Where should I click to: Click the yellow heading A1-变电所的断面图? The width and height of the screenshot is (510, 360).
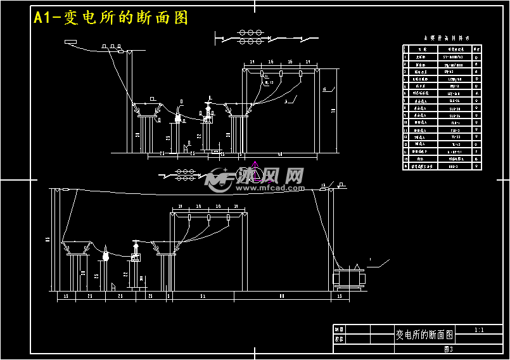[x=112, y=18]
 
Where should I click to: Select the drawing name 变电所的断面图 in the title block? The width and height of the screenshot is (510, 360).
[x=424, y=334]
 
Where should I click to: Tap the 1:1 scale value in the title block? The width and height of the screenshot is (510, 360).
[x=478, y=330]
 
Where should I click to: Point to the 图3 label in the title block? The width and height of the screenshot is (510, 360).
[x=449, y=349]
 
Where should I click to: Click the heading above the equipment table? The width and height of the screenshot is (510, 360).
[x=442, y=38]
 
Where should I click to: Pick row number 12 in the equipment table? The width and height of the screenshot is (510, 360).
[x=406, y=137]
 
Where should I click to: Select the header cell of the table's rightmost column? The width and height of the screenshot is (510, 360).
[x=476, y=49]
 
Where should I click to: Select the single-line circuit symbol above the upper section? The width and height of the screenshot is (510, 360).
[x=251, y=37]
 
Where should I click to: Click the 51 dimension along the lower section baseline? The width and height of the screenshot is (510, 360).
[x=202, y=296]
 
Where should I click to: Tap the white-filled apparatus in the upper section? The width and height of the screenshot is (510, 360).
[x=178, y=117]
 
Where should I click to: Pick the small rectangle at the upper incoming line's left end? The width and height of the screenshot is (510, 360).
[x=70, y=42]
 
